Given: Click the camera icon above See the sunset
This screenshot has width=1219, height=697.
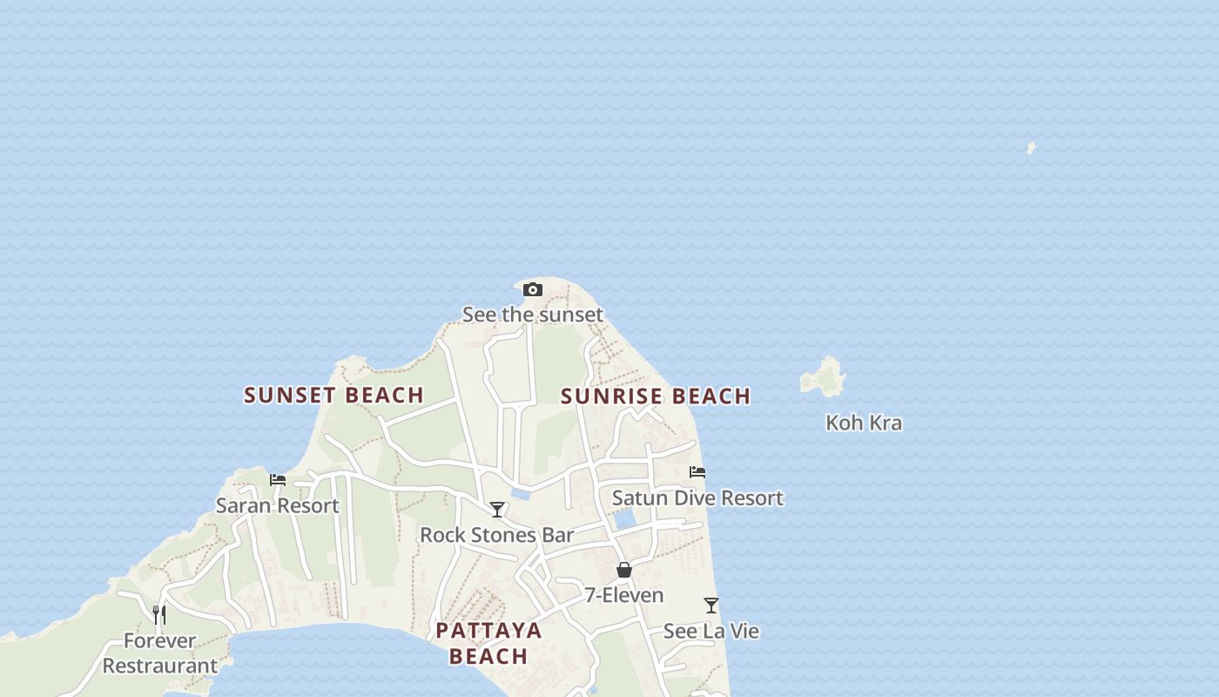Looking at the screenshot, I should [533, 290].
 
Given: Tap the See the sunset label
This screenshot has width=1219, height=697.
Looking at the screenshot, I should [532, 315].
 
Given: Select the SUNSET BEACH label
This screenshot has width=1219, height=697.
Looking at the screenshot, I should [333, 396].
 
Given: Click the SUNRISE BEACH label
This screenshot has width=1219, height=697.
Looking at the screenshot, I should [655, 396].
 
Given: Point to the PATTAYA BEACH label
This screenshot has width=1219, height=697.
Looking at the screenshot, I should [488, 643].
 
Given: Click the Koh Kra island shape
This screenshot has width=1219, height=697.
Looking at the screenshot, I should [825, 376].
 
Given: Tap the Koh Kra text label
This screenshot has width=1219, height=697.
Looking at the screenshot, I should [863, 423].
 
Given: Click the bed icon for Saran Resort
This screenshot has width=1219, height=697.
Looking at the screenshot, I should [278, 480].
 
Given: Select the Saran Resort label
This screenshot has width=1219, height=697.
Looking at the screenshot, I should [277, 505].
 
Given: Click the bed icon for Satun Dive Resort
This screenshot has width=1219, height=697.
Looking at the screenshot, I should [697, 472].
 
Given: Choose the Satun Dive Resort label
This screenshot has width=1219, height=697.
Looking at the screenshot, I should [697, 498].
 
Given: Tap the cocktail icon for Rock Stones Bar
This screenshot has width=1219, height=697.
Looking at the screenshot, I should [497, 510].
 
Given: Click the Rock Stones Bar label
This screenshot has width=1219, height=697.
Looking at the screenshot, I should [496, 535].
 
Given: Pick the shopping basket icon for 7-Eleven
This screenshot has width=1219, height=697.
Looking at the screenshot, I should [624, 571].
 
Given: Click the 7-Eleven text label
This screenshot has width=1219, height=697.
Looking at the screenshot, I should [623, 596].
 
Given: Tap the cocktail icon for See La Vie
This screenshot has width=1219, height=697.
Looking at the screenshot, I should [711, 606].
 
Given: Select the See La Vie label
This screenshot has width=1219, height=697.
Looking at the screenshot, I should [711, 631].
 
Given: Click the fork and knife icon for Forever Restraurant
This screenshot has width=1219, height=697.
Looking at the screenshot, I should [159, 615].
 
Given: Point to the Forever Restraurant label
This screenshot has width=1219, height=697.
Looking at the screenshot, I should [159, 653].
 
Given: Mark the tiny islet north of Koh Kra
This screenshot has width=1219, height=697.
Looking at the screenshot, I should [1031, 148].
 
